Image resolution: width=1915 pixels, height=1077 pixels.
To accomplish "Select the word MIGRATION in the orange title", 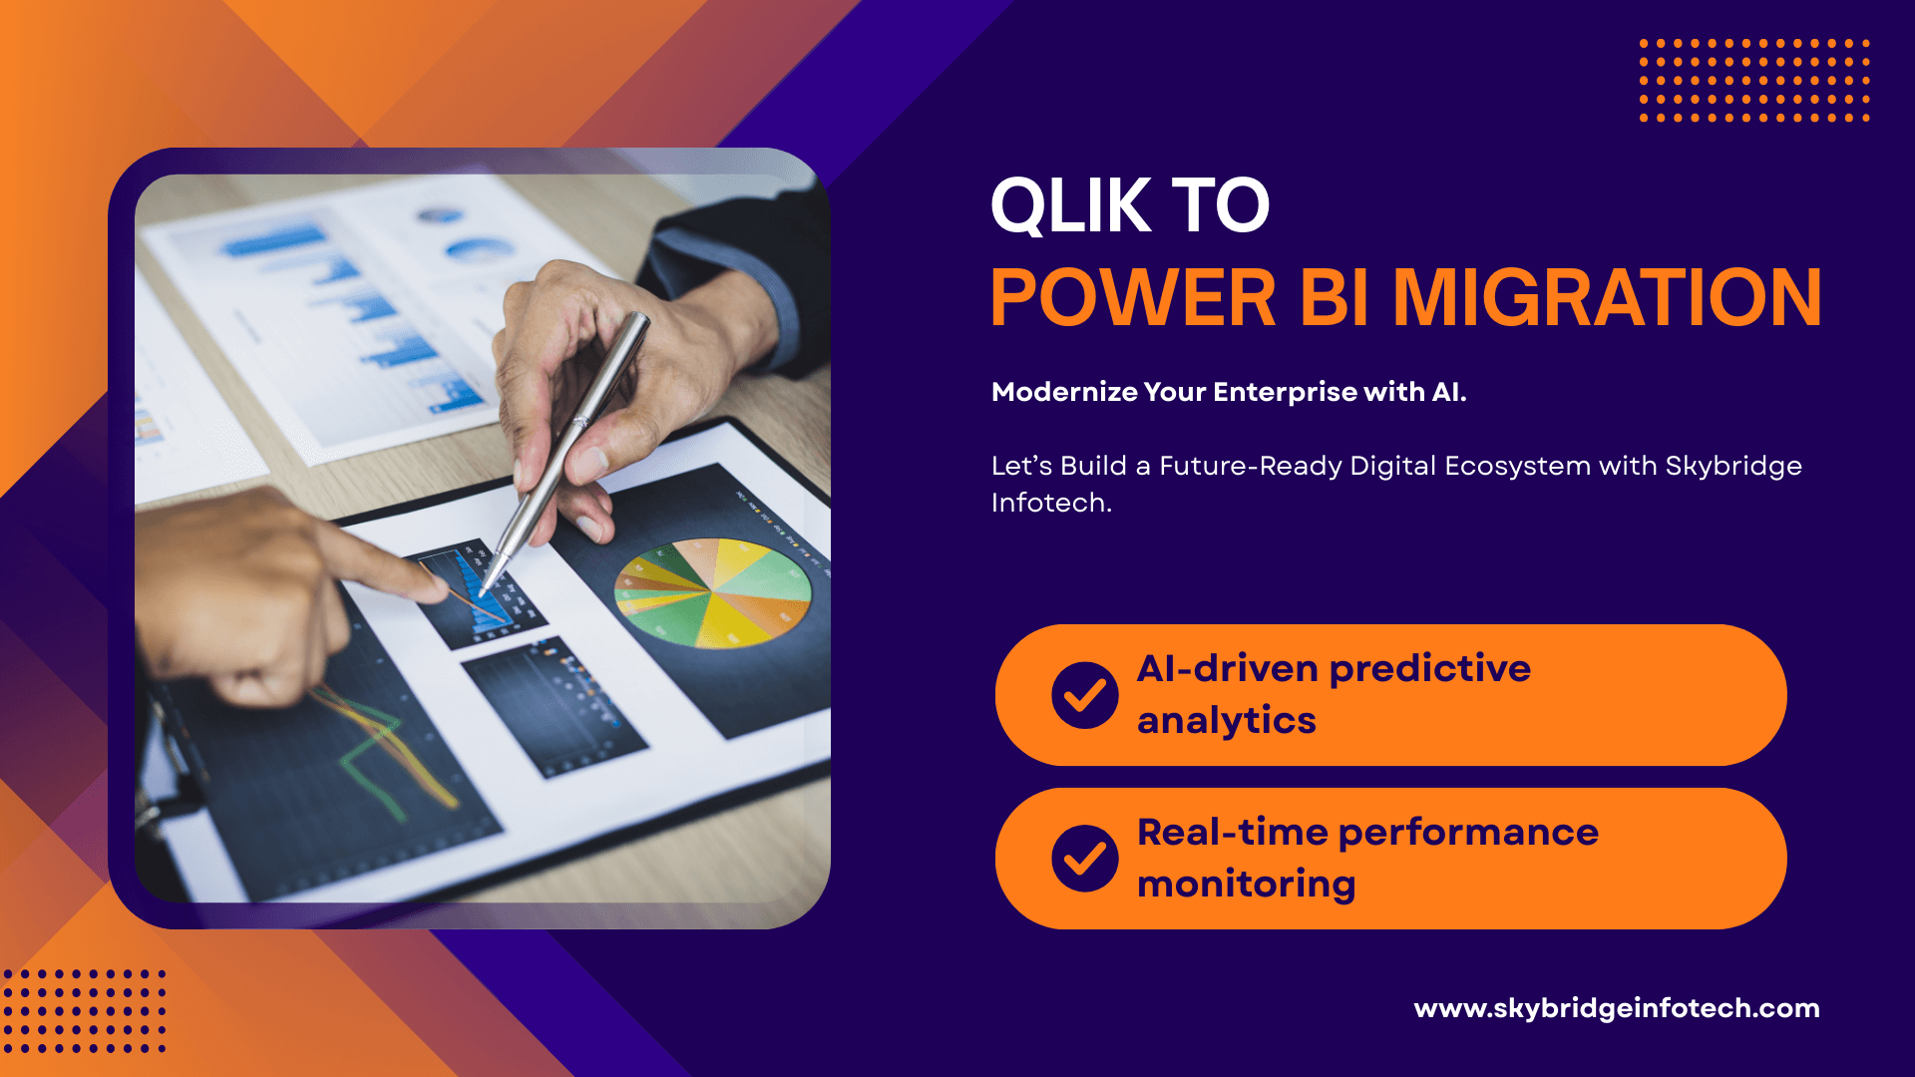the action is [x=1607, y=297].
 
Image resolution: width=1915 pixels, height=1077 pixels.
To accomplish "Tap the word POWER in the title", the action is [x=1133, y=297].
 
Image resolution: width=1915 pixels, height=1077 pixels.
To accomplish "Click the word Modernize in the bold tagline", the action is [x=1064, y=392].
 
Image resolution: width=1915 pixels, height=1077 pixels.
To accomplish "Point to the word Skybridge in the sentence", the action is [x=1733, y=467].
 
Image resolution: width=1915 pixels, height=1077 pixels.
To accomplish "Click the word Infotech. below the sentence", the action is [x=1051, y=503].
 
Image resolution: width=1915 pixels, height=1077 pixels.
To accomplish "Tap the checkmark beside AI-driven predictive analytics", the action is [x=1085, y=695].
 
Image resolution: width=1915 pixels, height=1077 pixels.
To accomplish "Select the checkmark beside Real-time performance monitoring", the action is [x=1085, y=859].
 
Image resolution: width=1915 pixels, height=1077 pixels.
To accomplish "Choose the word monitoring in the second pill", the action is [x=1247, y=885].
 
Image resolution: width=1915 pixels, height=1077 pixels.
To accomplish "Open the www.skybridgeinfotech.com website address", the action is [x=1617, y=1008].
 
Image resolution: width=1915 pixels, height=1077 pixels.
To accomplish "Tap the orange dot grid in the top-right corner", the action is [x=1754, y=81].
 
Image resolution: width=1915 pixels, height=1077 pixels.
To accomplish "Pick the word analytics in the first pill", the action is [x=1227, y=721].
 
